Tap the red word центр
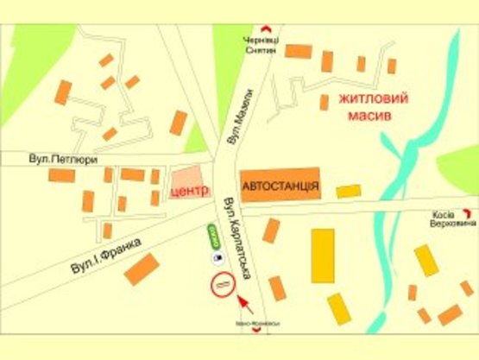[x=192, y=191]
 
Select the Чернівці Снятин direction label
[x=260, y=46]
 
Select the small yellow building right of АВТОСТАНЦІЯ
[x=348, y=191]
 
